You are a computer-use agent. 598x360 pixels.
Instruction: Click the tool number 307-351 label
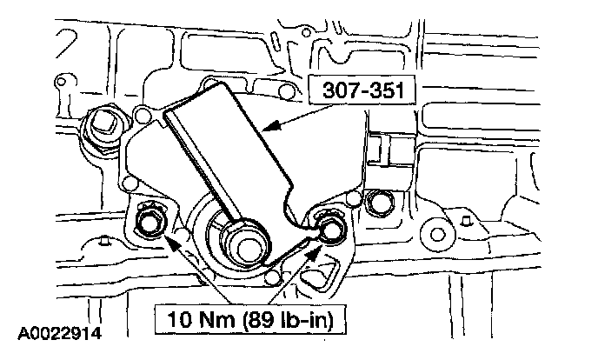tap(363, 90)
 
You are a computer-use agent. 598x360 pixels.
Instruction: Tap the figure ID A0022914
tap(60, 333)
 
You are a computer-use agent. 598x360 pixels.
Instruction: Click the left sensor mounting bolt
tap(147, 223)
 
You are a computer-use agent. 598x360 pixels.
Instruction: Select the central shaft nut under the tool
tap(243, 244)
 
